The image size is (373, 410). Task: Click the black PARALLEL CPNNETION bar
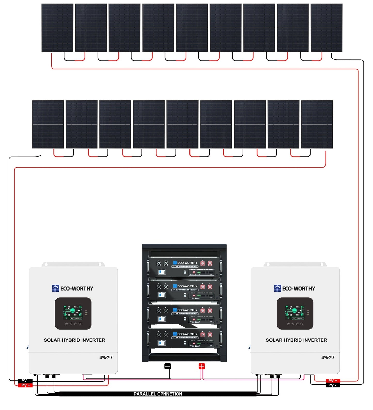[158, 394]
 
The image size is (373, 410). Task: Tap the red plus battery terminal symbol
[202, 366]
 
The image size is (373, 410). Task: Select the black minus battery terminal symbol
[168, 366]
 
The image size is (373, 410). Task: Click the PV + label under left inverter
[25, 385]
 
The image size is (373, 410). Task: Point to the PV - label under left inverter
[25, 381]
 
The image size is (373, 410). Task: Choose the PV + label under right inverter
[333, 381]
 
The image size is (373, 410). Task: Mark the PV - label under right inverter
[333, 385]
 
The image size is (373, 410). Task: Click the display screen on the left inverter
[73, 313]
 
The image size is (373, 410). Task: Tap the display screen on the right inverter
[295, 313]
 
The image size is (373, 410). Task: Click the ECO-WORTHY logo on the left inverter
[73, 288]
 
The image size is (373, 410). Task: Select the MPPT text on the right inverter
[328, 357]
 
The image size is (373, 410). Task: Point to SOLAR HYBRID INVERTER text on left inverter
[74, 340]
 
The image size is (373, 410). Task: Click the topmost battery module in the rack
[184, 267]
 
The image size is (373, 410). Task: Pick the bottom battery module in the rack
[184, 338]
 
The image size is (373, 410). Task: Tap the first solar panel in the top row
[57, 28]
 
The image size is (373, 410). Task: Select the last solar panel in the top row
[326, 28]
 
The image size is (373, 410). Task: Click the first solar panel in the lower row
[48, 124]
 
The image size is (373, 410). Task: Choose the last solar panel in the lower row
[317, 124]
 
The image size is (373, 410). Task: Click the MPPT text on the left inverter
[106, 357]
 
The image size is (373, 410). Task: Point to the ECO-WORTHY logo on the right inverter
[295, 288]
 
